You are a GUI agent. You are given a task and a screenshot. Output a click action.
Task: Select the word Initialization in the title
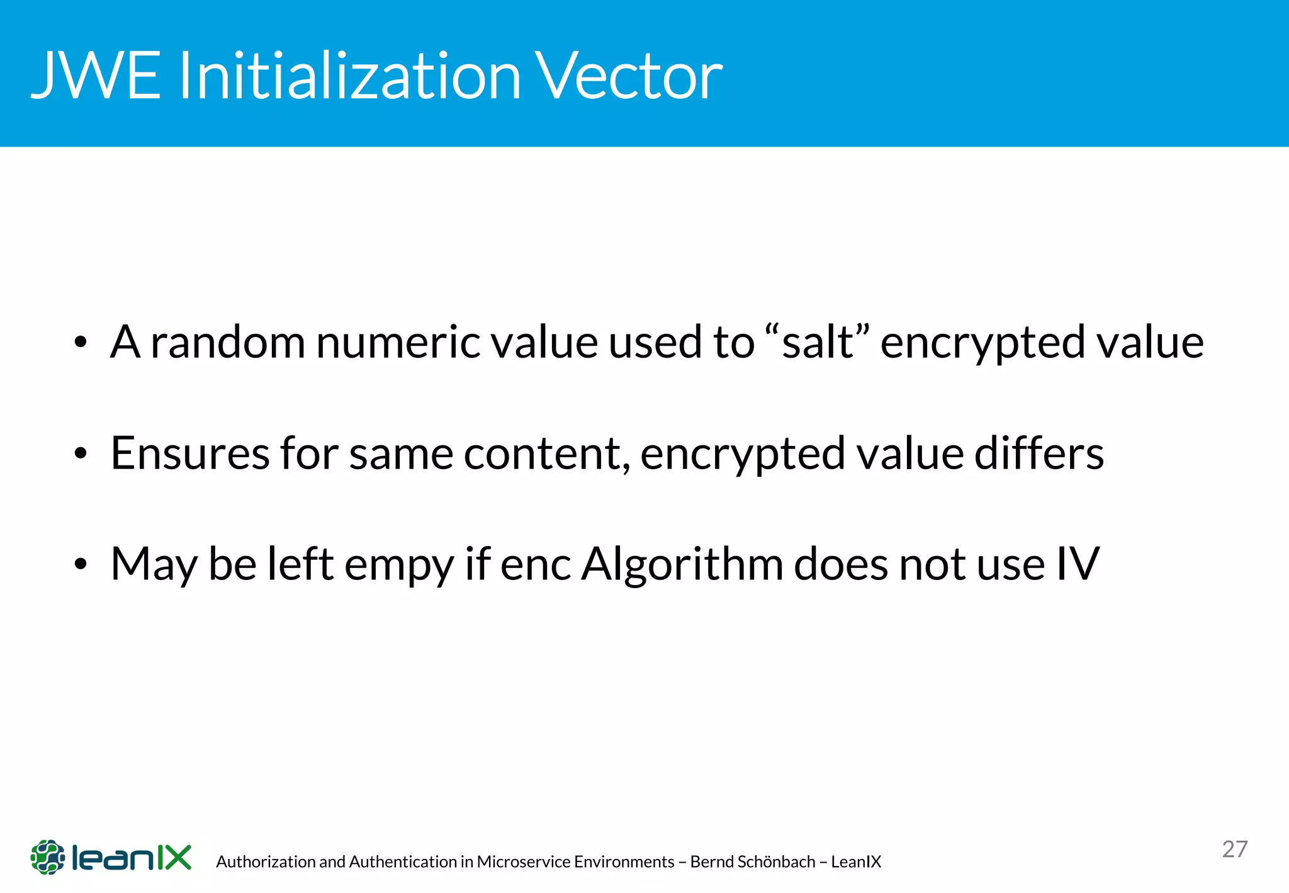[x=349, y=76]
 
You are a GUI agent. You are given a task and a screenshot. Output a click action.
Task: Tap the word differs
[x=1039, y=453]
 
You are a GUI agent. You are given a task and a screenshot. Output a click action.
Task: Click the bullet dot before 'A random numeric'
[x=79, y=343]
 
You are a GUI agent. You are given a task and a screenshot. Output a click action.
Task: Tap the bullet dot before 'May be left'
[x=79, y=565]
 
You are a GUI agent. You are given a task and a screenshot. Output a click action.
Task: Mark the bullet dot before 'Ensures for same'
[x=79, y=454]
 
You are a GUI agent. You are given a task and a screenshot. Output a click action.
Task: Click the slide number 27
[x=1234, y=849]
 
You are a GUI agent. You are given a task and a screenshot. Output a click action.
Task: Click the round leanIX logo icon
[x=48, y=857]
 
